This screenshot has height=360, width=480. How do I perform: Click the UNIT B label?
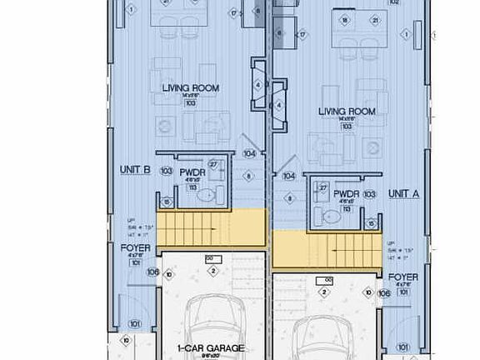coord(134,170)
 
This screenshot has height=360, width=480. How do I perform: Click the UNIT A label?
coord(403,193)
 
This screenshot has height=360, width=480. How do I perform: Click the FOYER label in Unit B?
coord(134,248)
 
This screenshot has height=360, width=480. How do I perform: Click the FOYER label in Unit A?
coord(403,277)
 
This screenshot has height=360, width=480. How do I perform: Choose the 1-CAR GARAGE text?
coord(210,348)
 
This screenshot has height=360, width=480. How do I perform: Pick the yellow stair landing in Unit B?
coord(212,227)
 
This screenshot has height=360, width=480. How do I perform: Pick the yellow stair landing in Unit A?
coord(327,247)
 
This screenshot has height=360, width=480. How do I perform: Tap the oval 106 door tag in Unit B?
coord(152,272)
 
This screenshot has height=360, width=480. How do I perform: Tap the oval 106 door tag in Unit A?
coord(383,293)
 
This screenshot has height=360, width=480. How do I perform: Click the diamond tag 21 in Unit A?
coord(375,20)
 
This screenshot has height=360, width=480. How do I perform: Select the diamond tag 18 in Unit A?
coord(345,20)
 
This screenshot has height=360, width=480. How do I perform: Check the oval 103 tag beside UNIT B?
coord(166,171)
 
